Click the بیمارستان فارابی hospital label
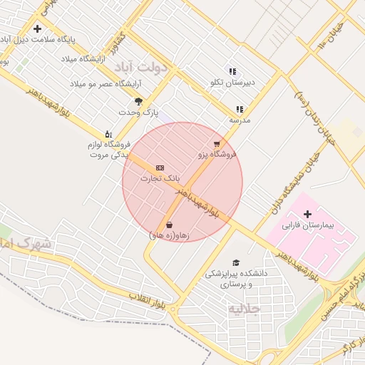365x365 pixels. pos(308,226)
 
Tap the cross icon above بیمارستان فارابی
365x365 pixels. pos(308,214)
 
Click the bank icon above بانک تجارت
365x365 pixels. pos(160,168)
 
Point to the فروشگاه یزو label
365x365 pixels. pos(217,154)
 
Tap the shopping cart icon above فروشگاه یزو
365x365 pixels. pos(217,143)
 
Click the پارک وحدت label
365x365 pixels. pos(138,113)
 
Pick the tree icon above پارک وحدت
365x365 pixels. pos(138,101)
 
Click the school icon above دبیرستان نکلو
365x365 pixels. pos(232,71)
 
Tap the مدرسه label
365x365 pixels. pos(239,120)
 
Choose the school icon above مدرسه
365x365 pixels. pos(240,109)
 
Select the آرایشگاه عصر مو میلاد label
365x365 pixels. pos(97,84)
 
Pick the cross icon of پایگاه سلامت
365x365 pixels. pos(37,29)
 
